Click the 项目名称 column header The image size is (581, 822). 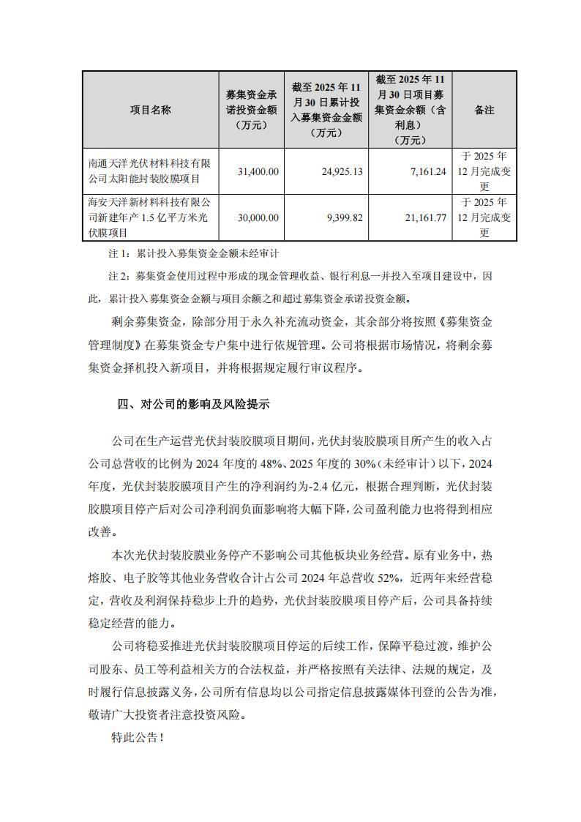150,111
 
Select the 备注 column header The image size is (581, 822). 484,111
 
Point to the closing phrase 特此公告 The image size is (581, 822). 135,738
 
